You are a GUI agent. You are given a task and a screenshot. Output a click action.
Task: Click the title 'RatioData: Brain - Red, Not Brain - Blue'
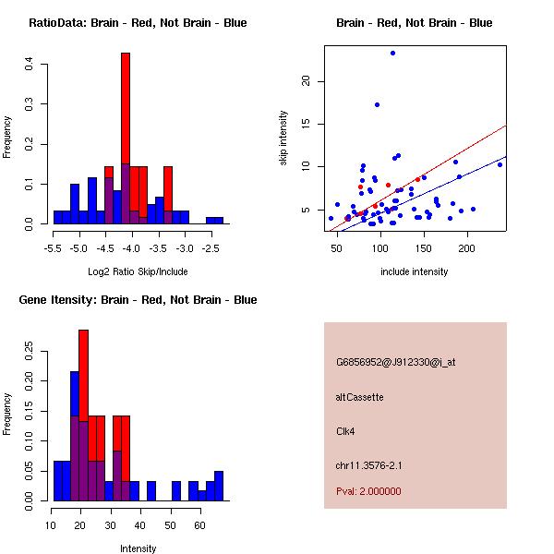138,22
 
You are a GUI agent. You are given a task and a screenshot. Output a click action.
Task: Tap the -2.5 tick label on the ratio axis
213,249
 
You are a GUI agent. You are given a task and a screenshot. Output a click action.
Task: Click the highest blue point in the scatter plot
392,54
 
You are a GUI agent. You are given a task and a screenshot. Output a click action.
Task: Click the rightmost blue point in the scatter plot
500,164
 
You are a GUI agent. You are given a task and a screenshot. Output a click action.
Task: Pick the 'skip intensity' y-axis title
283,138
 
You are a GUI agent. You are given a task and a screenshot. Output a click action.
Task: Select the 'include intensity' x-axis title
414,271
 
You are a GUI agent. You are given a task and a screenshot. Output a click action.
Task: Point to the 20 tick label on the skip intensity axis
307,81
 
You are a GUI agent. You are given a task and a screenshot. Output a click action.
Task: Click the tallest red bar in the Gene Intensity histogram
84,369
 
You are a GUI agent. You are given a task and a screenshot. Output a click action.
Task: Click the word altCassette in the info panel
359,397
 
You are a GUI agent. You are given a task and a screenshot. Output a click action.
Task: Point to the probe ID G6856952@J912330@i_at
395,362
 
